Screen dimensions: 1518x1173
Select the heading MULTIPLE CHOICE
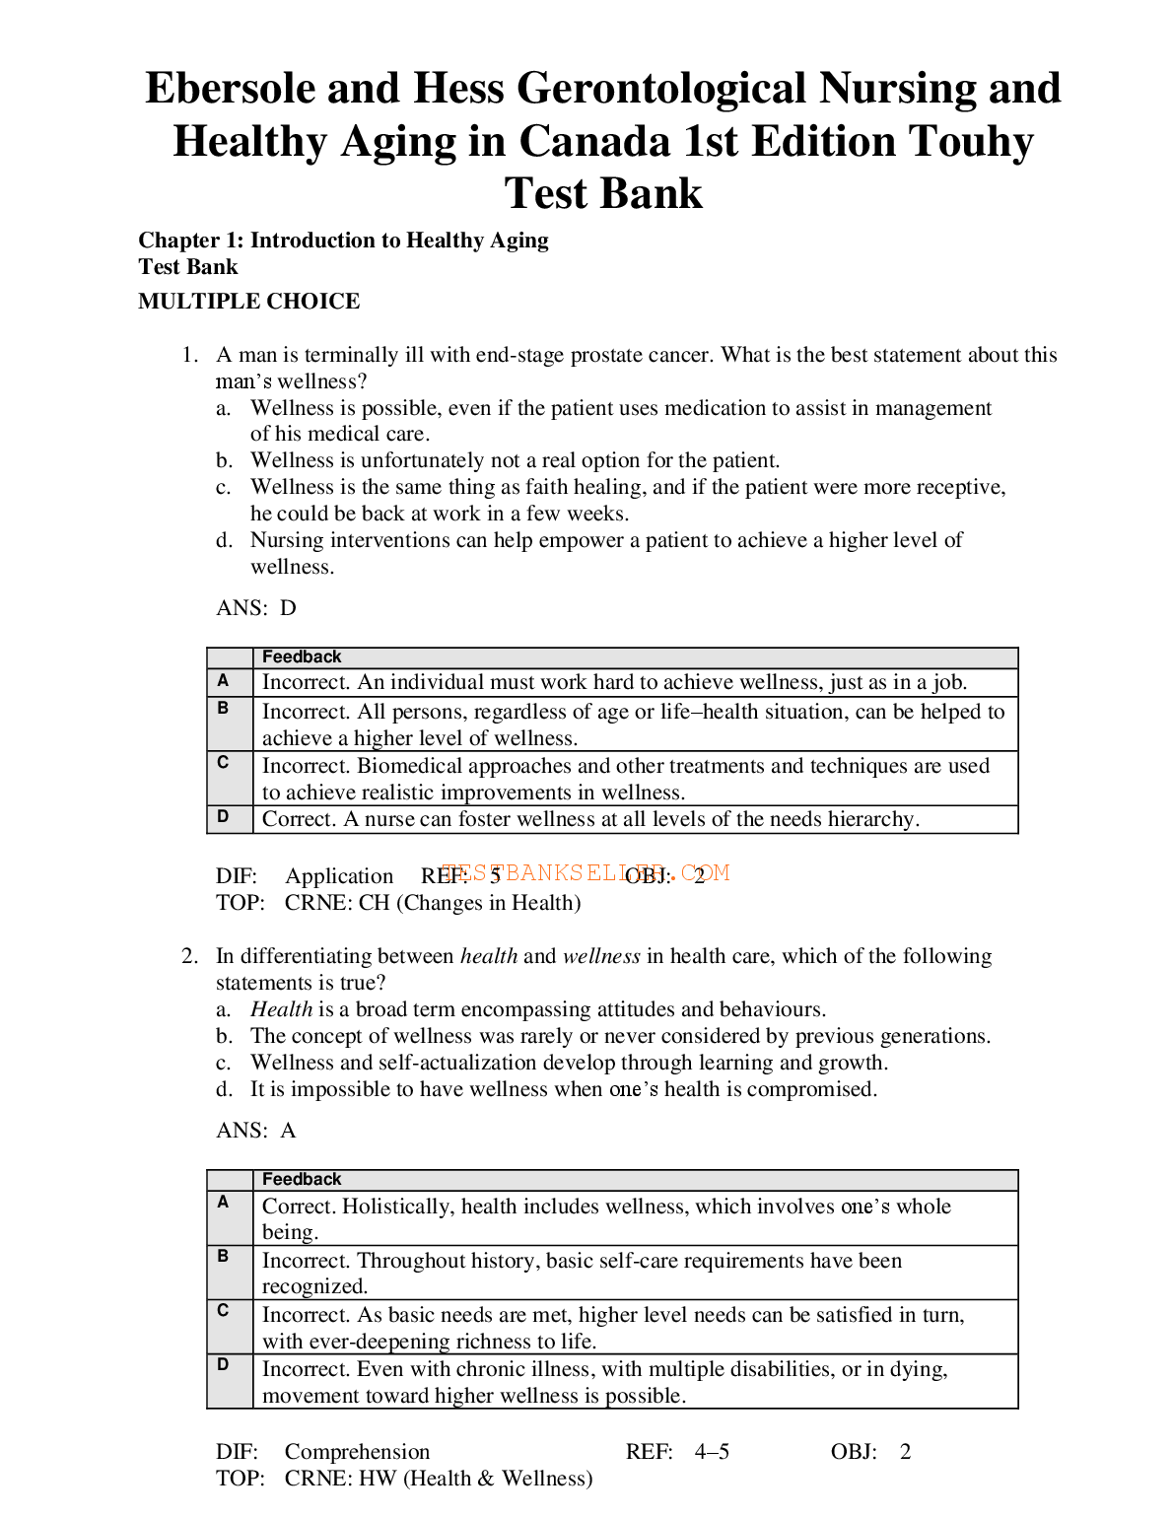tap(248, 302)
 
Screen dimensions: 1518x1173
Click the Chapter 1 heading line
tap(343, 241)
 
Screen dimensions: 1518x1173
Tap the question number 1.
tap(189, 355)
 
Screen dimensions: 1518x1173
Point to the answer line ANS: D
tap(255, 608)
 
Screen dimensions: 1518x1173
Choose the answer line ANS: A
tap(255, 1131)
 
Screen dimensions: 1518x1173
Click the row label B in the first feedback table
tap(224, 709)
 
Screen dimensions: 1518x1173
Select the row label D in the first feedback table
tap(224, 817)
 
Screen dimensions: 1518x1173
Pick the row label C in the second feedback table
tap(224, 1311)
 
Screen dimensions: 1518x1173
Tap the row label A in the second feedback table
tap(224, 1203)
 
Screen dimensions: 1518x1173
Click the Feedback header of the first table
tap(302, 657)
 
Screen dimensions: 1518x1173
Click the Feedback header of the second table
tap(302, 1180)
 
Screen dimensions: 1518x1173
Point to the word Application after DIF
tap(339, 876)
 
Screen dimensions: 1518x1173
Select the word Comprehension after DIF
tap(357, 1452)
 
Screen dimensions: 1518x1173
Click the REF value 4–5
tap(712, 1452)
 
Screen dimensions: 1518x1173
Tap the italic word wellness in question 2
tap(601, 956)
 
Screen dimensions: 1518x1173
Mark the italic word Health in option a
tap(281, 1009)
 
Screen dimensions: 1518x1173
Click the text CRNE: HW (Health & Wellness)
tap(439, 1479)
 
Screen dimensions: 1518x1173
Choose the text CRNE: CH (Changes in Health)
tap(433, 903)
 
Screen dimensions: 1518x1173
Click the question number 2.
tap(189, 956)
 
